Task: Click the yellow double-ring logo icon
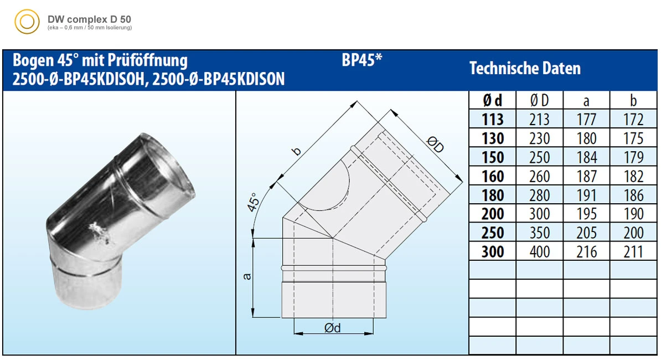click(27, 22)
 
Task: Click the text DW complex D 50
click(89, 19)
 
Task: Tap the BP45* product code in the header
click(362, 60)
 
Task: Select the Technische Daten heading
click(525, 68)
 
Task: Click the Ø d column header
click(492, 100)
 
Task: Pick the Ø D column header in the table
click(540, 100)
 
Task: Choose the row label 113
click(492, 119)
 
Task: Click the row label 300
click(492, 251)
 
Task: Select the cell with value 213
click(540, 119)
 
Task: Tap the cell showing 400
click(540, 251)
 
